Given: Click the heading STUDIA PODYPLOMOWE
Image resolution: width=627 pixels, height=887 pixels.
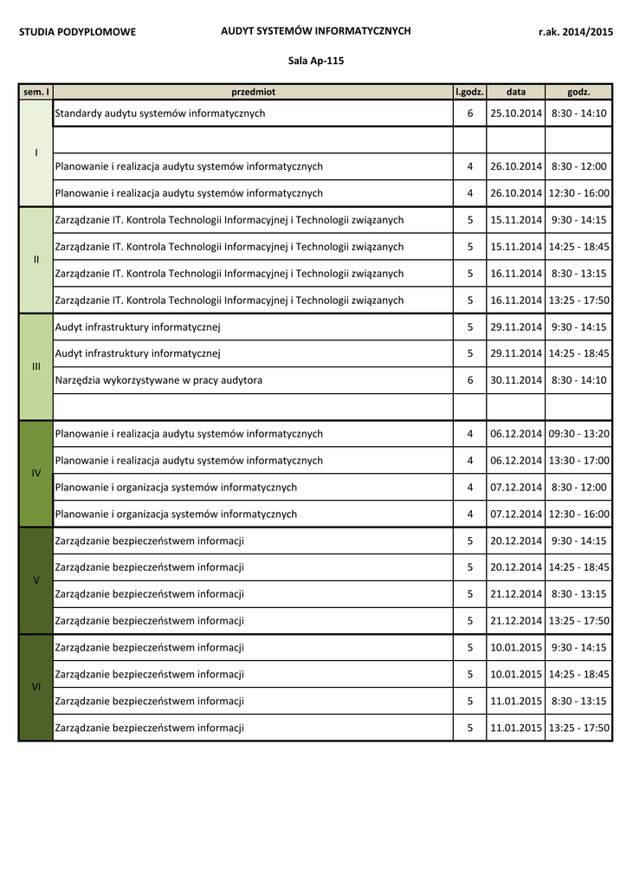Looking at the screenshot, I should pos(78,32).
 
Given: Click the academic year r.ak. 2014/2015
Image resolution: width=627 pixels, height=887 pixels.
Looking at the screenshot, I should pos(575,32).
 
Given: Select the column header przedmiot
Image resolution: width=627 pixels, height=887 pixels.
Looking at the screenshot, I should pos(253,91).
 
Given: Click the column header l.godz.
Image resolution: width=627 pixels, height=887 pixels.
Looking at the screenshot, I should pos(469,91).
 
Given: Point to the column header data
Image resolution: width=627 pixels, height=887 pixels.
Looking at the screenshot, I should pos(516,91).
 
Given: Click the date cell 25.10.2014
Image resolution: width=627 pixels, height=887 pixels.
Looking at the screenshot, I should pos(516,113).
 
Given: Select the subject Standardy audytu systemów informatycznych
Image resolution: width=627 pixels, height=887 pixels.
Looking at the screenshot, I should pos(160,113).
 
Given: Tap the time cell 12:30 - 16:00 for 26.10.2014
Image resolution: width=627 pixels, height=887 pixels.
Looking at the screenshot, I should pos(579,193).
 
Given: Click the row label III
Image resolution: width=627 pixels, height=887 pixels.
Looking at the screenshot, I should pos(36,366).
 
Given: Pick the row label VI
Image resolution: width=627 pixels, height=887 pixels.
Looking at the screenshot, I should pos(36,687).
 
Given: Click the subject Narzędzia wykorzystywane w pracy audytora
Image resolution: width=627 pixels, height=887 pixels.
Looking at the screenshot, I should pos(158,380).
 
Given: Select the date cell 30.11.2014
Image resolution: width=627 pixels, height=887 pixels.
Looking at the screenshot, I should pos(516,380).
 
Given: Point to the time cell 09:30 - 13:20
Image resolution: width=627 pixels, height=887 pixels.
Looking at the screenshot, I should pos(579,434).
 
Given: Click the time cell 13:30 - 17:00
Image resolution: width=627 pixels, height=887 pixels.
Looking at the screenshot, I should pos(579,461).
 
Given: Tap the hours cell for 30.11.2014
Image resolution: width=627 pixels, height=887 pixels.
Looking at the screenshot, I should pos(469,380).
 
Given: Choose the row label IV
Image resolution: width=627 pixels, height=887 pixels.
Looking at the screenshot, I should pos(36,474).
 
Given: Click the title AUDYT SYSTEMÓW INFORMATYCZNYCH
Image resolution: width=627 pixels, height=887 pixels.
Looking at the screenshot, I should pos(315,31).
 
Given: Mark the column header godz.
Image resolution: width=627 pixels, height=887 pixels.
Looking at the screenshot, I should pos(579,91).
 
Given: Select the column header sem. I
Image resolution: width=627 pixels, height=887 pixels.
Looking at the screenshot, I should pos(36,91).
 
